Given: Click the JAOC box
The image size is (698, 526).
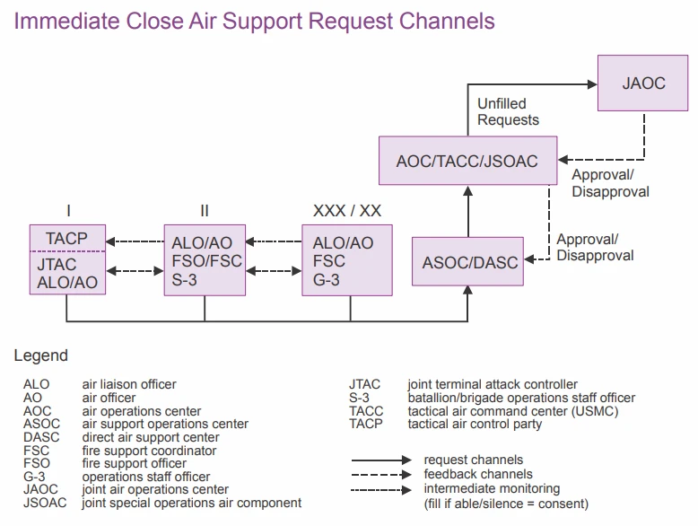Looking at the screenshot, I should click(x=643, y=83).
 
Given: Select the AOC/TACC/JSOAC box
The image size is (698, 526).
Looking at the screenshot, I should click(x=467, y=162).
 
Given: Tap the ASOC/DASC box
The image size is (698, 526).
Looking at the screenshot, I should click(x=470, y=263).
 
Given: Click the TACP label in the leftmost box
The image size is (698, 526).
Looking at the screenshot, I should click(x=67, y=239).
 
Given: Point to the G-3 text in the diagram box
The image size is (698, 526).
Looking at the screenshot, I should click(x=327, y=279).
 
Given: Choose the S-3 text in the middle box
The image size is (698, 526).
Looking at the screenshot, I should click(x=186, y=279).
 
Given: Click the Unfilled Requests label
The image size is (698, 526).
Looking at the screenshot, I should click(x=508, y=112).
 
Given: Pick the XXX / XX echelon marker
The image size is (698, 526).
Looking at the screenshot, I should click(x=347, y=211).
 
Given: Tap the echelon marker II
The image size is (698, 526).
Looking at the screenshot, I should click(x=205, y=211).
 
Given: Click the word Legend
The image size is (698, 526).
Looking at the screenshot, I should click(x=40, y=356).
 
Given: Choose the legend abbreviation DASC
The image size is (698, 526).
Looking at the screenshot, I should click(x=41, y=437).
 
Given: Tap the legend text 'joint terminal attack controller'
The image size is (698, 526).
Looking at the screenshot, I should click(x=493, y=385).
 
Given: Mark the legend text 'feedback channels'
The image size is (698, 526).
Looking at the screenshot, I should click(x=478, y=474).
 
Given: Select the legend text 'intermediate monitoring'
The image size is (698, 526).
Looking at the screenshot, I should click(x=492, y=488).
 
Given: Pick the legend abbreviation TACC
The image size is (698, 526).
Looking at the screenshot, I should click(x=366, y=411).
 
